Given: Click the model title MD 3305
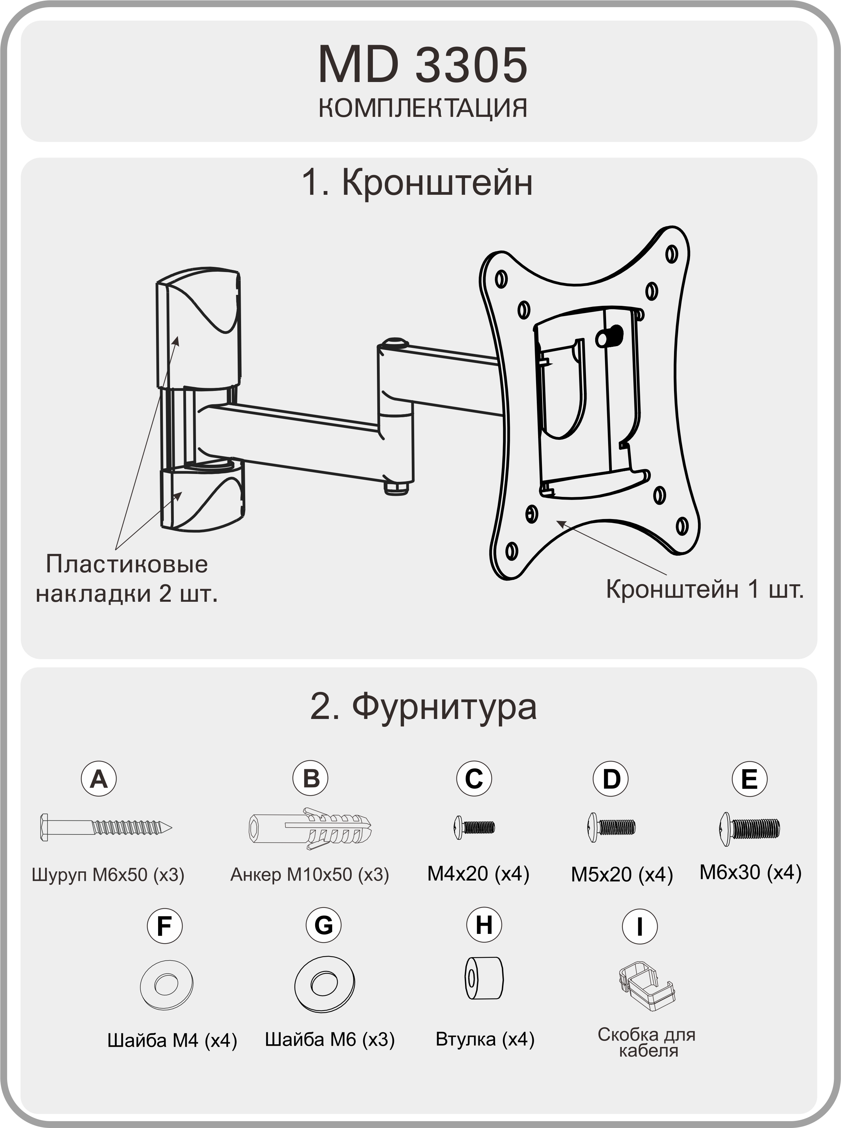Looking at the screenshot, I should [x=422, y=65].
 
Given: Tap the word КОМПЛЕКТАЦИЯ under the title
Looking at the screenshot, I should [x=422, y=108].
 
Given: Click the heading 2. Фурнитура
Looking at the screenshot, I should [x=423, y=707].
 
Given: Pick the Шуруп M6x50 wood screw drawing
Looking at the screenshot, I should [x=106, y=827].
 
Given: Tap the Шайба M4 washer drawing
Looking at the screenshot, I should [x=167, y=985].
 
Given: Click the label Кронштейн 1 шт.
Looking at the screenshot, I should [x=704, y=589].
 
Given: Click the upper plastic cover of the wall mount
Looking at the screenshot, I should [x=198, y=329].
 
